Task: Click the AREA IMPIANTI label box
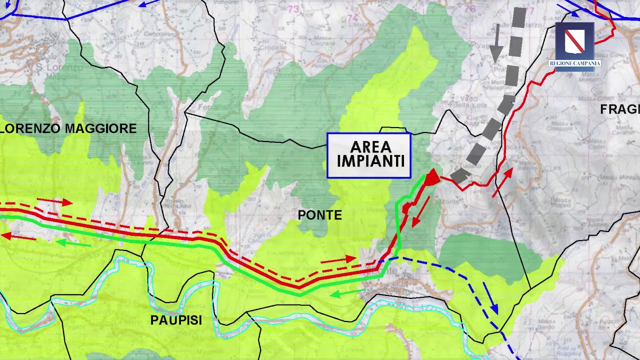pyautogui.click(x=369, y=155)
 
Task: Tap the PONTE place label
pyautogui.click(x=320, y=215)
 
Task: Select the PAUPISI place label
pyautogui.click(x=176, y=320)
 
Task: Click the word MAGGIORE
pyautogui.click(x=101, y=128)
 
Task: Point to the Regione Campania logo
pyautogui.click(x=574, y=46)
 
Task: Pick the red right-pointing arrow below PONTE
pyautogui.click(x=338, y=259)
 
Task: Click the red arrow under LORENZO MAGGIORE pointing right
pyautogui.click(x=54, y=201)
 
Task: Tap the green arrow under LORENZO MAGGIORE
pyautogui.click(x=73, y=243)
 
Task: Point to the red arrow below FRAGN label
pyautogui.click(x=503, y=182)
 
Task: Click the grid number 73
pyautogui.click(x=293, y=9)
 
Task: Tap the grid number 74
pyautogui.click(x=353, y=18)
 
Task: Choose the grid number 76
pyautogui.click(x=469, y=8)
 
